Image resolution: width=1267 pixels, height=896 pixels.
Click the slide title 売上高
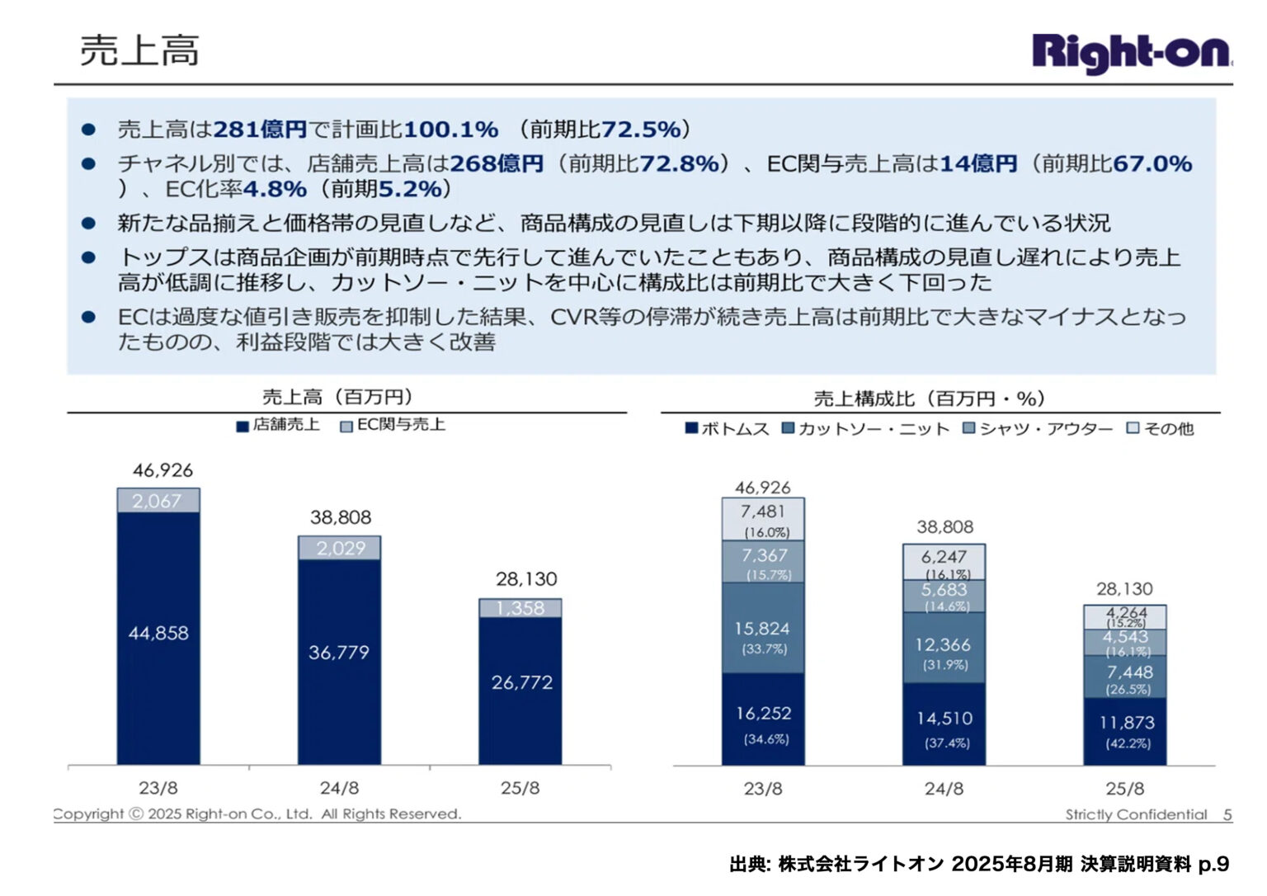coord(139,50)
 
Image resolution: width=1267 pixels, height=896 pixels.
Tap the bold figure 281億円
coord(260,130)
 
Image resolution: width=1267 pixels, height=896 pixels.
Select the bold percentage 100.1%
coord(450,130)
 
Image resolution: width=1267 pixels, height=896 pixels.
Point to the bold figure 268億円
coord(496,163)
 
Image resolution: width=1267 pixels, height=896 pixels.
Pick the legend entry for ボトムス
coord(727,429)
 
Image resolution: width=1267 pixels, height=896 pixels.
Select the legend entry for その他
coord(1161,429)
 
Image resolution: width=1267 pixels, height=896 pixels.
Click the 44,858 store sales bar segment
coord(158,634)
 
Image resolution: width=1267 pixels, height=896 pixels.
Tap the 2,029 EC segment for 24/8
coord(340,549)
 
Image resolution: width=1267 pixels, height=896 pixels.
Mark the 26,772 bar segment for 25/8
coord(521,682)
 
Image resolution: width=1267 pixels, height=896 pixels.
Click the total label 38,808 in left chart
coord(341,517)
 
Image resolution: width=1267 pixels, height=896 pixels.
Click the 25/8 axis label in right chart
coord(1125,789)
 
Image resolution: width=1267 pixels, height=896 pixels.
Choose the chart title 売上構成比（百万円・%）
coord(930,399)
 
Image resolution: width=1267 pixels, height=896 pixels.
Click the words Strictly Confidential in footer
coord(1136,815)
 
